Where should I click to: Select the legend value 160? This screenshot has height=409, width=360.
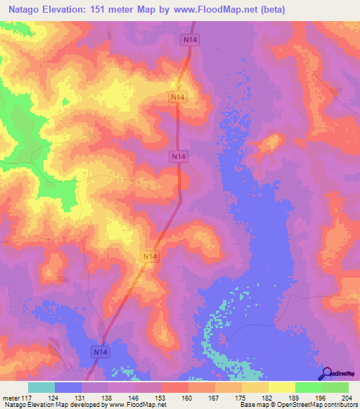click(187, 398)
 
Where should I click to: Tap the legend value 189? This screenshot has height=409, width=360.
click(293, 398)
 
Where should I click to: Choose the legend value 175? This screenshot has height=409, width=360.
click(240, 398)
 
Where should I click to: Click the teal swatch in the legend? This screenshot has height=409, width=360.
click(41, 387)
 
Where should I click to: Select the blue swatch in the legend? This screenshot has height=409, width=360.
click(67, 387)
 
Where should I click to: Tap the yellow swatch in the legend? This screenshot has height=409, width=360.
click(281, 387)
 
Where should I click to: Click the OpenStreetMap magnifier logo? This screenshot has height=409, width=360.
click(326, 372)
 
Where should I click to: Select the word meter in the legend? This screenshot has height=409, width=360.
click(11, 398)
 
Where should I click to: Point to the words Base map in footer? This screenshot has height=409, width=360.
click(252, 405)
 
